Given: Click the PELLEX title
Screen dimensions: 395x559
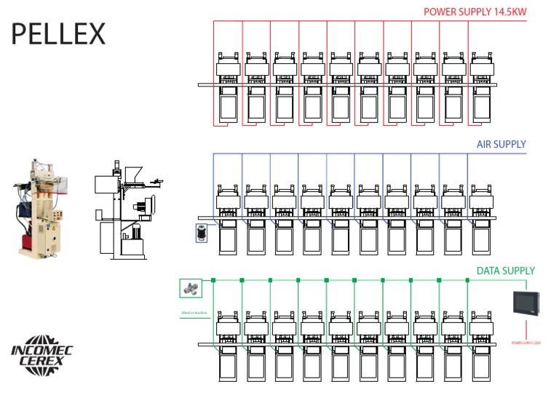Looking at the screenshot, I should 58,33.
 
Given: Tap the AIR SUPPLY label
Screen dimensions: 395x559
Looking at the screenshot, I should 501,145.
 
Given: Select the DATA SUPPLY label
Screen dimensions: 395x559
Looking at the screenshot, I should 505,271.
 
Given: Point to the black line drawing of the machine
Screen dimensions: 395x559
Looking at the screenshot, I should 127,211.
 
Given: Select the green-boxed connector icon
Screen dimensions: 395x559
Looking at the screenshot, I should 191,289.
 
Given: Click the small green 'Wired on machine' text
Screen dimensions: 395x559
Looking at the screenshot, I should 194,314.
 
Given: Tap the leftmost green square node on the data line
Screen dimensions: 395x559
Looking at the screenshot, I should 214,280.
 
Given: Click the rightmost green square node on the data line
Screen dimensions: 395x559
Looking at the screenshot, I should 467,280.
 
